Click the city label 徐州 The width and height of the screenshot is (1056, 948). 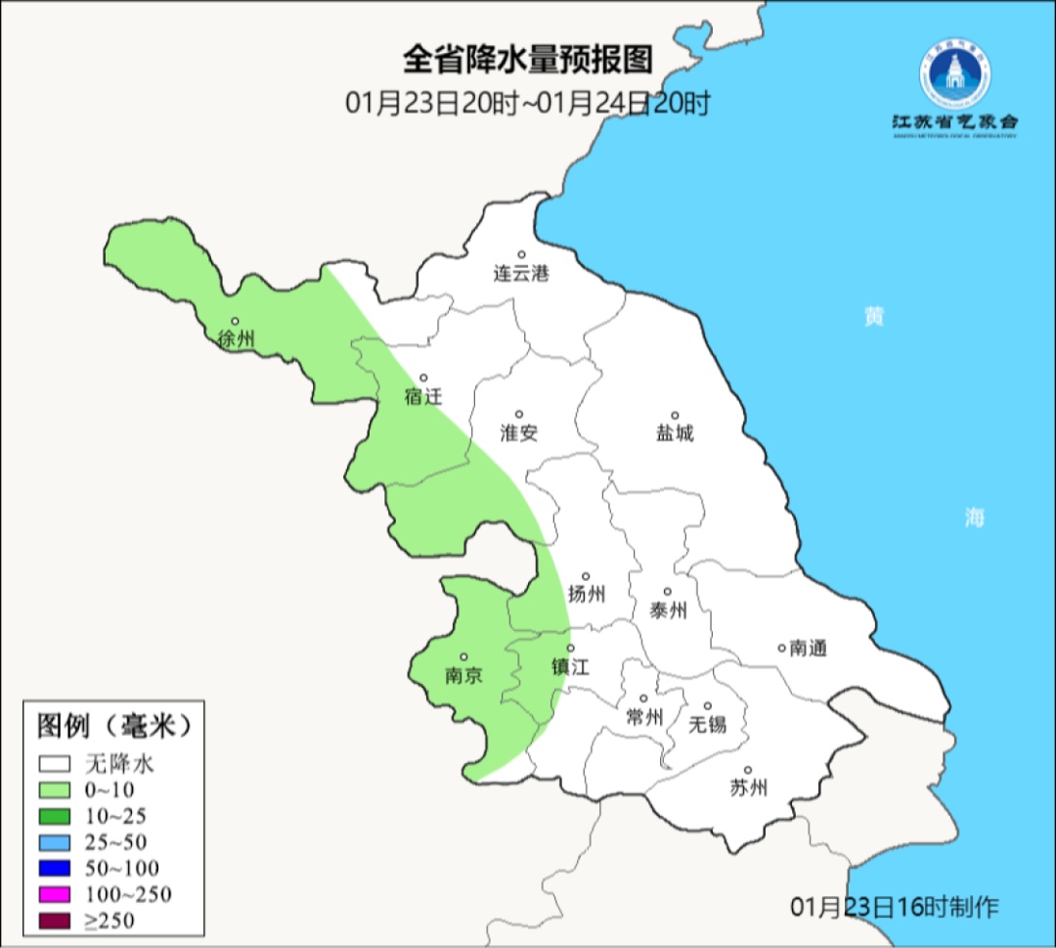coord(237,339)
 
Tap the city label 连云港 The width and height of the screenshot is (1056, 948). coord(521,274)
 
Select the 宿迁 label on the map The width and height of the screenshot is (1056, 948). coord(423,397)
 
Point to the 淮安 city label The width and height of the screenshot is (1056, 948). coord(518,433)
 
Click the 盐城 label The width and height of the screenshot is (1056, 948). coord(675,433)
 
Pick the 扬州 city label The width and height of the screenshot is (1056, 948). coord(587,594)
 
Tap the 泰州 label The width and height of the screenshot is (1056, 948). coord(668,610)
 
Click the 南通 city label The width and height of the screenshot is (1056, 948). coord(809,648)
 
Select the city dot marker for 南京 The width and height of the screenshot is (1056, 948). coord(463,657)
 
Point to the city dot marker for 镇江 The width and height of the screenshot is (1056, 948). coord(571,648)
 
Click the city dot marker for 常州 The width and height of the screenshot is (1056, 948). coord(643,699)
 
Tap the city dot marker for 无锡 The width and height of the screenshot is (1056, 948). coord(708,705)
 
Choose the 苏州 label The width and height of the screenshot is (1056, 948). coord(749,788)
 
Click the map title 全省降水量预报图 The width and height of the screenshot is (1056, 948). coord(527,61)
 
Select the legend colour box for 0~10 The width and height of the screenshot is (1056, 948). coord(55,790)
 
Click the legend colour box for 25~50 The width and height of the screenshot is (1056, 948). coord(55,842)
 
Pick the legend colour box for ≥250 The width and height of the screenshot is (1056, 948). coord(55,920)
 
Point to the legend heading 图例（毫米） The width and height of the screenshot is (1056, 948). coord(112,726)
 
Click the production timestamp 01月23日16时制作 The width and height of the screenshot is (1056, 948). coord(895,907)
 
